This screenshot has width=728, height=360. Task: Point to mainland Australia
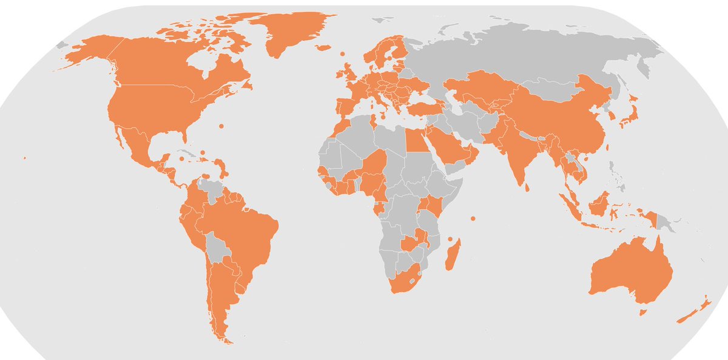[631, 273]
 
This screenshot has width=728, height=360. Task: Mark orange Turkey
[428, 110]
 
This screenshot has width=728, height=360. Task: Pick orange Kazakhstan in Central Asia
[479, 88]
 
